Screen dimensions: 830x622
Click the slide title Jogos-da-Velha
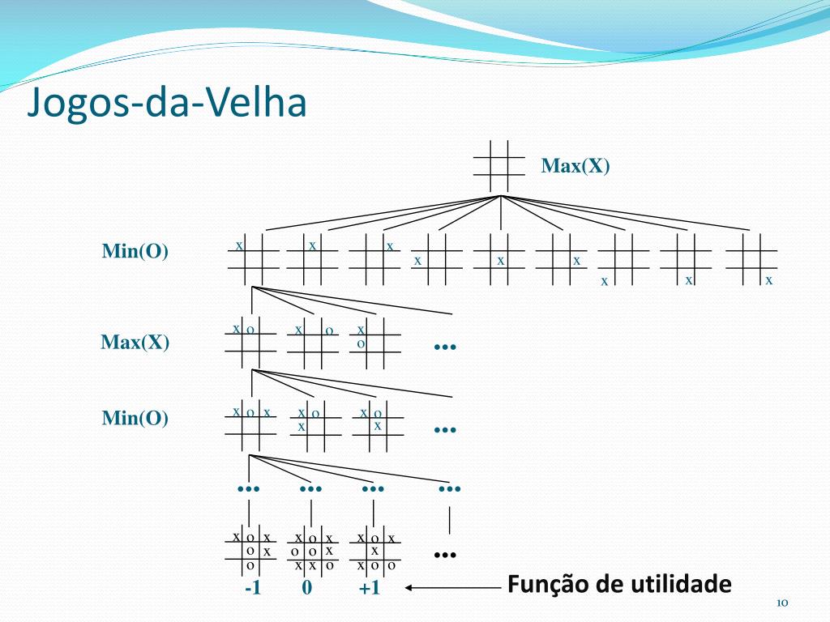[x=167, y=102]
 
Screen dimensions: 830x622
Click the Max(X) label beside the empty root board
[x=575, y=166]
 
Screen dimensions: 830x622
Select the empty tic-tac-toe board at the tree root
[x=499, y=166]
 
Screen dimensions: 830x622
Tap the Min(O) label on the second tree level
[x=135, y=251]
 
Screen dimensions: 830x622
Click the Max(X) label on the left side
[x=135, y=343]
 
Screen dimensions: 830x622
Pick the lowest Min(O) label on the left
[x=135, y=418]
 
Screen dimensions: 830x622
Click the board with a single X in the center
[x=499, y=259]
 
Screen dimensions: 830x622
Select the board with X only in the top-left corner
[x=253, y=259]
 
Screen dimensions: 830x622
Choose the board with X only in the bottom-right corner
[x=751, y=259]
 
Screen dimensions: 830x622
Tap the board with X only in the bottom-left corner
[x=623, y=260]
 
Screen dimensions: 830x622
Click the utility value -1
[x=253, y=588]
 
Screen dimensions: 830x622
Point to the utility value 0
[x=307, y=588]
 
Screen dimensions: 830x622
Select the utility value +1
[x=370, y=588]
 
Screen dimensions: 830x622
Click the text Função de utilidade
[x=619, y=585]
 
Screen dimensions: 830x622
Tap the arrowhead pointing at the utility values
[x=408, y=587]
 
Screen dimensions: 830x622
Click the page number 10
[x=782, y=603]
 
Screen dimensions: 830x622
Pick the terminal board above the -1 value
[x=251, y=551]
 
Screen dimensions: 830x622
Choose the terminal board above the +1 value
[x=375, y=551]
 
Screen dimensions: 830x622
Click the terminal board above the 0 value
[x=313, y=551]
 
